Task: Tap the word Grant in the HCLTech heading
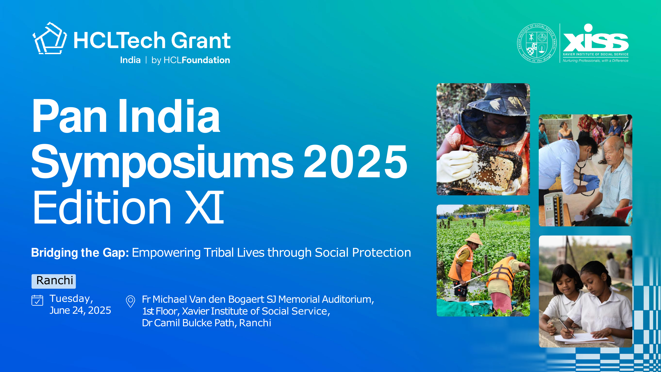click(201, 41)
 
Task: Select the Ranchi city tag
click(54, 281)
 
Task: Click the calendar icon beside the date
click(37, 300)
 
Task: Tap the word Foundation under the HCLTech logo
click(206, 60)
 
